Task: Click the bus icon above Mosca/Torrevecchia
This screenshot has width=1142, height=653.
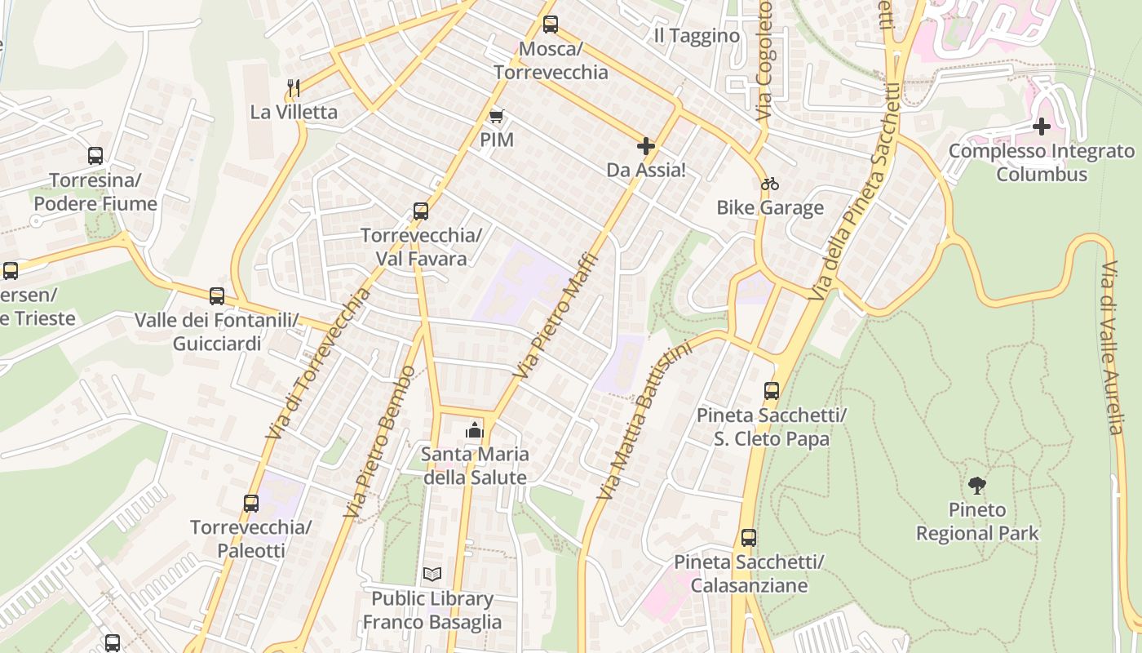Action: [x=551, y=24]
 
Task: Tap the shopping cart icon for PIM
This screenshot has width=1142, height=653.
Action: [x=496, y=117]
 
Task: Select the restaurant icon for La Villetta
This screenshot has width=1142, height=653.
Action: [x=294, y=87]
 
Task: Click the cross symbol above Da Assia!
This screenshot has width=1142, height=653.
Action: [x=646, y=146]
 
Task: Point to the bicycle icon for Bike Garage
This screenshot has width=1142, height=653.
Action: [x=769, y=184]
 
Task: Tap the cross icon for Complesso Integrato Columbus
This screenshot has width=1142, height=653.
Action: [x=1042, y=127]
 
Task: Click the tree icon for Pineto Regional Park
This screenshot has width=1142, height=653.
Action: [x=977, y=486]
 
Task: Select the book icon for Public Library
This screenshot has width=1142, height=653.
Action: [x=432, y=575]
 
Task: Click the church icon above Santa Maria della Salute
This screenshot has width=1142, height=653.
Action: [x=475, y=429]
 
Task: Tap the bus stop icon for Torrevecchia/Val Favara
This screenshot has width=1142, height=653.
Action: [x=421, y=211]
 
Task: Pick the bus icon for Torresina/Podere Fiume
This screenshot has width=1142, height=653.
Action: [x=95, y=156]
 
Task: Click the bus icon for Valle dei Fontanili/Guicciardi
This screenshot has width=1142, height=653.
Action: [x=217, y=296]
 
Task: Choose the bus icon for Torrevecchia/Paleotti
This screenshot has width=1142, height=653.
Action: [x=251, y=504]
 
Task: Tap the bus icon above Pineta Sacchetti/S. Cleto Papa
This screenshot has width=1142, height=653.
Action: [x=772, y=391]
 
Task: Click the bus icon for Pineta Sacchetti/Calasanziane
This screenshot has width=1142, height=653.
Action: [x=749, y=538]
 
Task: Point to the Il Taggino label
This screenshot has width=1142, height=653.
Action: [x=697, y=36]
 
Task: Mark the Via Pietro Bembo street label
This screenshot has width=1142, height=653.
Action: [x=381, y=441]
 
